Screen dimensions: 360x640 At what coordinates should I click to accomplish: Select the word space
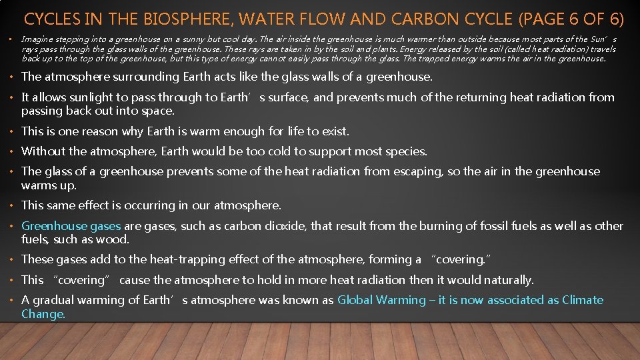pyautogui.click(x=159, y=111)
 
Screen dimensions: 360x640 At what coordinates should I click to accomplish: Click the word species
pyautogui.click(x=405, y=151)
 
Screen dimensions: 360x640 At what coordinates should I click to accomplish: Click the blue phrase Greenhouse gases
pyautogui.click(x=71, y=226)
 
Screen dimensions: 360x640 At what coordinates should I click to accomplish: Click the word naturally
pyautogui.click(x=508, y=280)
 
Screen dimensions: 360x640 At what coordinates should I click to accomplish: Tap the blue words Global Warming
pyautogui.click(x=381, y=300)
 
